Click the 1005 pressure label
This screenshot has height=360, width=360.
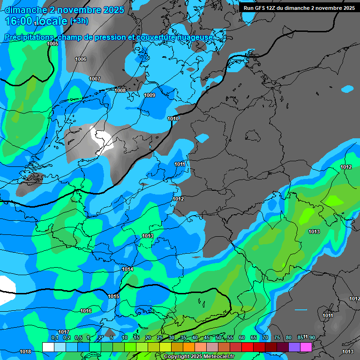pyautogui.click(x=53, y=44)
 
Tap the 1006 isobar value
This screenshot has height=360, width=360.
pyautogui.click(x=81, y=59)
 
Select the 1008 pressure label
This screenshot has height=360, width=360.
pyautogui.click(x=120, y=90)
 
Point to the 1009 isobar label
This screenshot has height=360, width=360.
pyautogui.click(x=150, y=95)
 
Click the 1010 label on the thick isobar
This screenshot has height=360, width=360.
pyautogui.click(x=173, y=119)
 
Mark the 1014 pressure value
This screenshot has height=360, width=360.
pyautogui.click(x=127, y=269)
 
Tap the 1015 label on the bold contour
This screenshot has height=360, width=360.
pyautogui.click(x=113, y=296)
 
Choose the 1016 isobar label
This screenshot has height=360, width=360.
pyautogui.click(x=86, y=311)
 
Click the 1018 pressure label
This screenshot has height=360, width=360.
pyautogui.click(x=25, y=352)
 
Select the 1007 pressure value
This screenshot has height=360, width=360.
pyautogui.click(x=95, y=79)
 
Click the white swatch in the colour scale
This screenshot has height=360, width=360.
pyautogui.click(x=48, y=347)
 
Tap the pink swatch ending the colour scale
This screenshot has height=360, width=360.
pyautogui.click(x=306, y=347)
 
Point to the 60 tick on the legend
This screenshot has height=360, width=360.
pyautogui.click(x=242, y=337)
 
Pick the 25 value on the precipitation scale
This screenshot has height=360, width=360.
pyautogui.click(x=160, y=337)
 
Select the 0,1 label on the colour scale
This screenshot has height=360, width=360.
pyautogui.click(x=54, y=337)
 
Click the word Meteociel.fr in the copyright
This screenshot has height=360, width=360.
pyautogui.click(x=216, y=357)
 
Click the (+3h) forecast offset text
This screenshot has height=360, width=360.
pyautogui.click(x=79, y=21)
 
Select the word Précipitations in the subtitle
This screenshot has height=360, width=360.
pyautogui.click(x=29, y=37)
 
